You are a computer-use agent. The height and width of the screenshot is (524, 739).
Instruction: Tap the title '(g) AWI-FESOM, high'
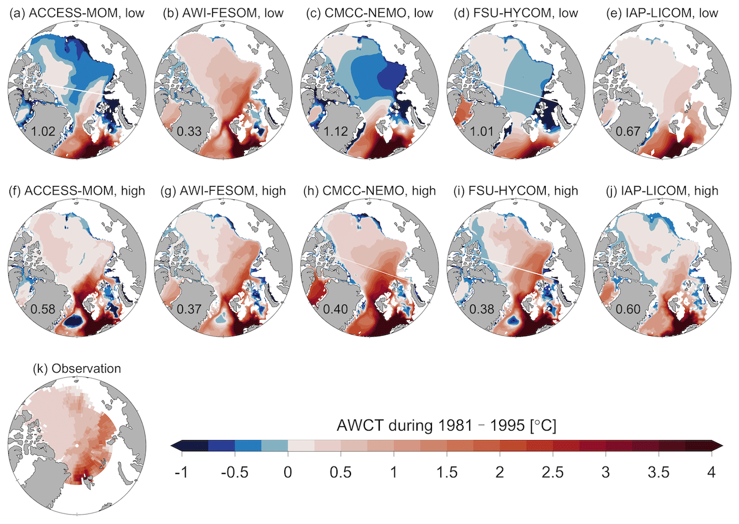coord(224,191)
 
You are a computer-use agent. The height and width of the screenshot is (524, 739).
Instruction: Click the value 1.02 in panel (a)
coord(43,132)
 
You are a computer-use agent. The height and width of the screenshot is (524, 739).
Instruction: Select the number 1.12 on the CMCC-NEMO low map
coord(336,132)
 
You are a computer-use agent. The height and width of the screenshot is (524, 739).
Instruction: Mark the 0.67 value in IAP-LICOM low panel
coord(629,132)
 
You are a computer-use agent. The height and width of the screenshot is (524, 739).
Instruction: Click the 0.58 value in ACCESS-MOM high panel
coord(43,309)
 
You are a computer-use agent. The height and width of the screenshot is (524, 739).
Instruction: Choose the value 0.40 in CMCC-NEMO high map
coord(336,309)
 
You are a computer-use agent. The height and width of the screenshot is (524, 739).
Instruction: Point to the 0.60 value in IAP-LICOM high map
coord(629,309)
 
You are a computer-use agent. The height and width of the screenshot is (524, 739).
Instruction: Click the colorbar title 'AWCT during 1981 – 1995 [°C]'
coord(446,426)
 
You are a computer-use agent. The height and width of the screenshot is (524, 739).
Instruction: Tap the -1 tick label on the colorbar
coord(182,472)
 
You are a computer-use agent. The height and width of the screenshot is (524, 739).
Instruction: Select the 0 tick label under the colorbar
coord(288,472)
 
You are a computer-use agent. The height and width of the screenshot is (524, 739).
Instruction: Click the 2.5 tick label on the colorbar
coord(553,472)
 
